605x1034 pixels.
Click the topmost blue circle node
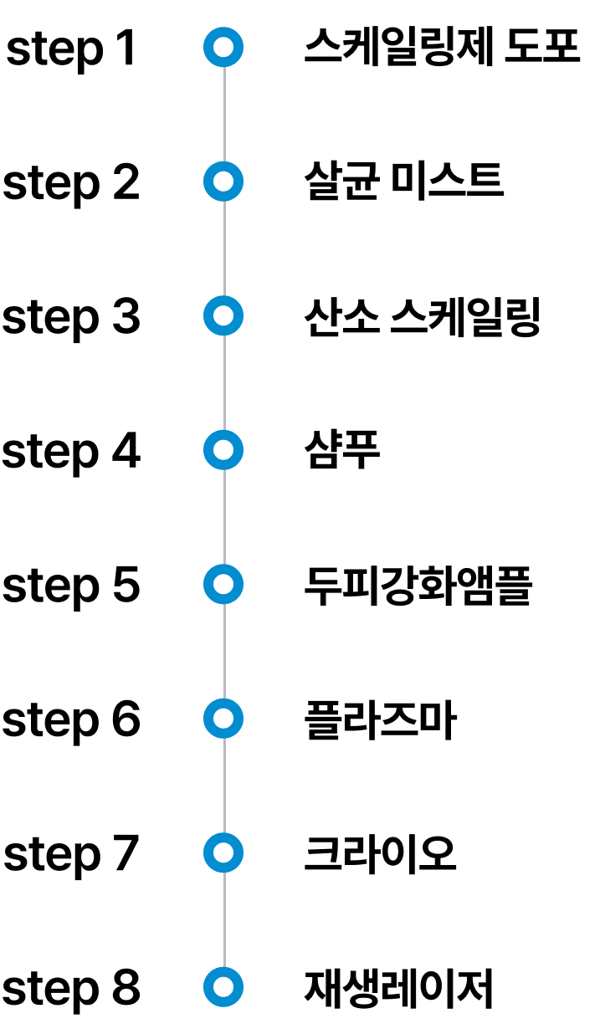pyautogui.click(x=223, y=47)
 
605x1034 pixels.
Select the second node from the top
pyautogui.click(x=223, y=182)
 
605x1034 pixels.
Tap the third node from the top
pyautogui.click(x=223, y=315)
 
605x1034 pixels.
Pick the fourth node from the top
pyautogui.click(x=223, y=450)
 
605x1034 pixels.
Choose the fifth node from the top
pyautogui.click(x=223, y=584)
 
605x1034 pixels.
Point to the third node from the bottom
pyautogui.click(x=223, y=719)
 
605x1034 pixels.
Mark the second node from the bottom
pyautogui.click(x=223, y=852)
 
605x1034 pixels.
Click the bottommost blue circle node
pyautogui.click(x=223, y=987)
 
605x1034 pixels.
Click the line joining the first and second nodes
pyautogui.click(x=224, y=114)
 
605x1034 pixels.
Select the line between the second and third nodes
pyautogui.click(x=224, y=248)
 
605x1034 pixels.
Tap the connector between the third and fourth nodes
pyautogui.click(x=224, y=382)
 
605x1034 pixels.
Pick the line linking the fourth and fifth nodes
pyautogui.click(x=224, y=517)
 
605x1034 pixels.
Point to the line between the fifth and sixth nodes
pyautogui.click(x=224, y=651)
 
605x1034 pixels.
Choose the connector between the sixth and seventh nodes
pyautogui.click(x=224, y=786)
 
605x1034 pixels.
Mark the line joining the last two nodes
pyautogui.click(x=224, y=919)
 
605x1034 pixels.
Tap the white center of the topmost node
pyautogui.click(x=223, y=47)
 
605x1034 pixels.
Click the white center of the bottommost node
pyautogui.click(x=223, y=987)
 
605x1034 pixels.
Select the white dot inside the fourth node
pyautogui.click(x=223, y=450)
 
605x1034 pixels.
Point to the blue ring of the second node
pyautogui.click(x=208, y=182)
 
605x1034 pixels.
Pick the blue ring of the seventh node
pyautogui.click(x=208, y=852)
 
